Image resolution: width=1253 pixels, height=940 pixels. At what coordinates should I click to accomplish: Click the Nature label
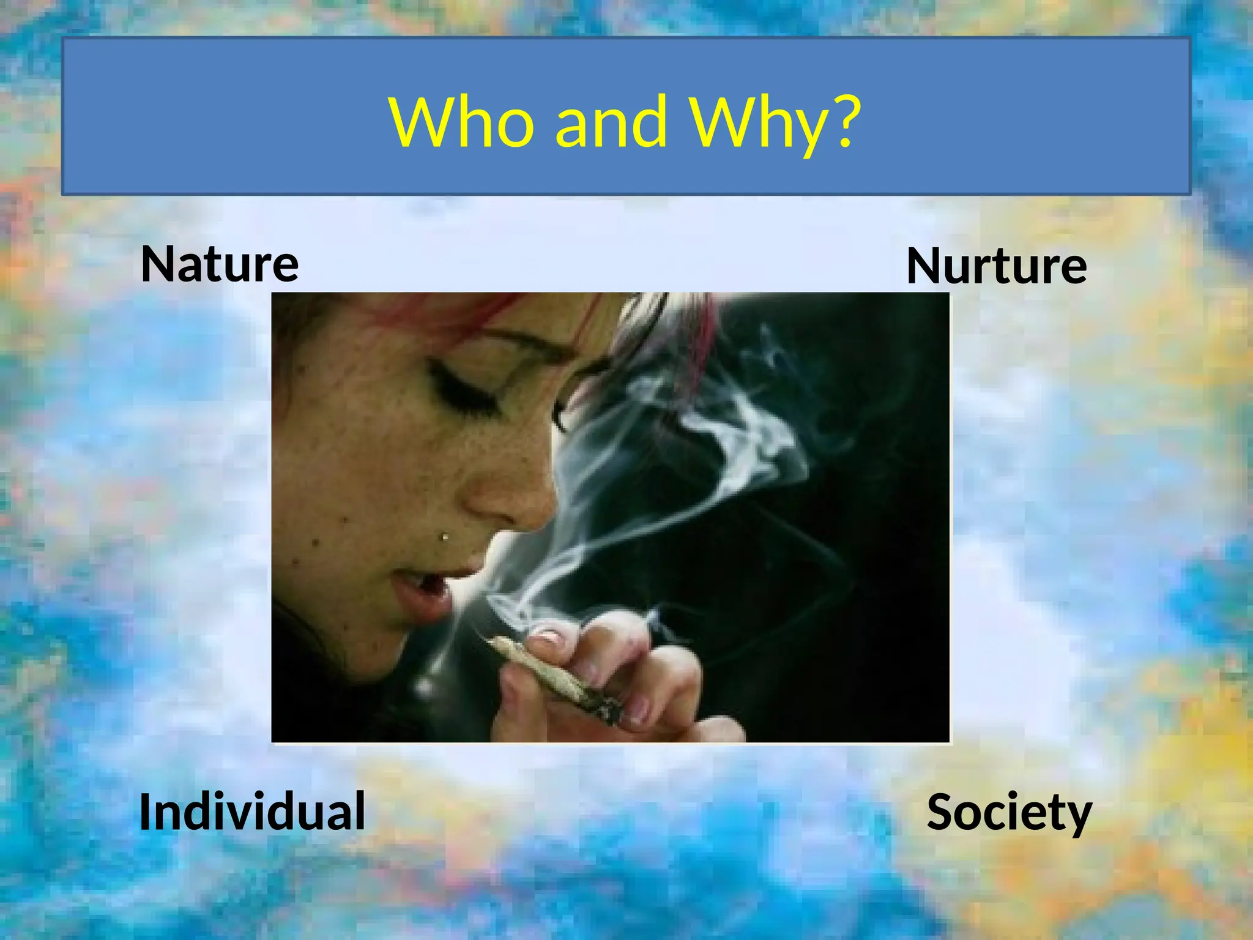click(220, 264)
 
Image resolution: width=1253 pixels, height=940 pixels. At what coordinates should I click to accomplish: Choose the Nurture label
click(996, 266)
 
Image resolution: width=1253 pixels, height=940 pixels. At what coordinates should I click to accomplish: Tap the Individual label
click(252, 811)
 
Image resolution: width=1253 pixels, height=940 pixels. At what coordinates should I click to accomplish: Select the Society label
click(1009, 812)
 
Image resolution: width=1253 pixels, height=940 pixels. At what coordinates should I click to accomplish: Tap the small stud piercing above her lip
click(445, 537)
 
